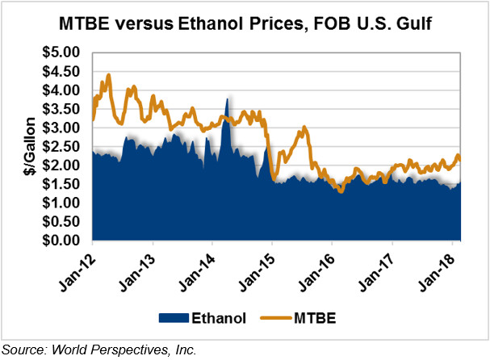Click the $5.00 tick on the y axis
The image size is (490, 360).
point(61,52)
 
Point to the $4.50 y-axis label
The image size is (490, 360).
point(61,71)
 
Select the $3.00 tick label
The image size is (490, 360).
point(61,128)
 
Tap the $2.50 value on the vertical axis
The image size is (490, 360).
point(61,146)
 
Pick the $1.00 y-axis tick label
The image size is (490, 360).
point(61,203)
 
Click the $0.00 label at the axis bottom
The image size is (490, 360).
point(61,241)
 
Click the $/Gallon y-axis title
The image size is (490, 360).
point(27,147)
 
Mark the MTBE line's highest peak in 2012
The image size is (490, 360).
point(108,75)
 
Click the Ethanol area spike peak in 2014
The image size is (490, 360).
point(228,99)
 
